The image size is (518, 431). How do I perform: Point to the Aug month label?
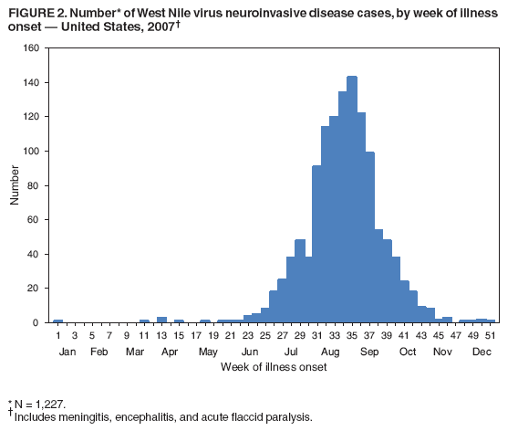tap(330, 352)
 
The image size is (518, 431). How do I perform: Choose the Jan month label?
tap(67, 352)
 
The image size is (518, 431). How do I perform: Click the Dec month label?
tap(482, 352)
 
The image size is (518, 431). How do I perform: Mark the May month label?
tap(209, 352)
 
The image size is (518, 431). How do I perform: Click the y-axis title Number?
tap(16, 185)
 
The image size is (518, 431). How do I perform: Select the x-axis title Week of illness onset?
tap(273, 367)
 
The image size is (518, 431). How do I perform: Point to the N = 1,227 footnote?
tap(41, 403)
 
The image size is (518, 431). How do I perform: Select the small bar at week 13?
tap(161, 320)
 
